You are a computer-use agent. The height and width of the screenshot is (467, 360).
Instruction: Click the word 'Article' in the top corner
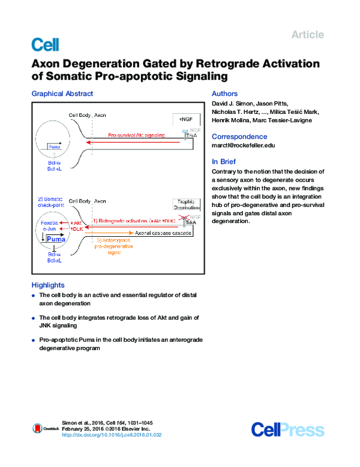307,35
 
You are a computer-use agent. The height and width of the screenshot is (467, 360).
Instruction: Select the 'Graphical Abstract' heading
62,94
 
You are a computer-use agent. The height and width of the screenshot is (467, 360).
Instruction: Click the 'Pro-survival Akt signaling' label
137,136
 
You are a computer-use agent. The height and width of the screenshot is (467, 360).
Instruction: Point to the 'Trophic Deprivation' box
185,206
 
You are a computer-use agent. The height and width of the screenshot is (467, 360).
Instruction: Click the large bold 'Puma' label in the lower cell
56,239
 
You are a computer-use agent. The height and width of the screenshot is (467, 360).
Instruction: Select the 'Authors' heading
225,94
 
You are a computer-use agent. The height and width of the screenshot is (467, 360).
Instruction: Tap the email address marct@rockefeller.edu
244,146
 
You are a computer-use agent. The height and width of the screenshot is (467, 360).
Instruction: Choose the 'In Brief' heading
224,162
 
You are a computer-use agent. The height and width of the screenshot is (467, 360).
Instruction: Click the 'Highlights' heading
48,285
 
